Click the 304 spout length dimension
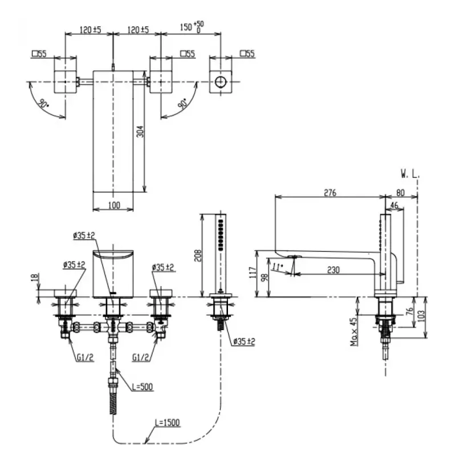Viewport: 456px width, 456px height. (x=140, y=132)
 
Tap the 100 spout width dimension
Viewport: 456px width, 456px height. (x=114, y=205)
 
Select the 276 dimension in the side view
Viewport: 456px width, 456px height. (x=330, y=193)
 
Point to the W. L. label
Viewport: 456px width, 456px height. (x=410, y=174)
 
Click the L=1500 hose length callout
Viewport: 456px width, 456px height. (x=167, y=422)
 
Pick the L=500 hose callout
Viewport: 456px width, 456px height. (x=142, y=387)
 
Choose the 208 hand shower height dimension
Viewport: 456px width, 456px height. (x=198, y=255)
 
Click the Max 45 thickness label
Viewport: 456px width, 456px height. (x=353, y=332)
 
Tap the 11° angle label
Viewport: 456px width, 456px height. (x=278, y=267)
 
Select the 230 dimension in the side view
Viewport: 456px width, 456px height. (x=333, y=270)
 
